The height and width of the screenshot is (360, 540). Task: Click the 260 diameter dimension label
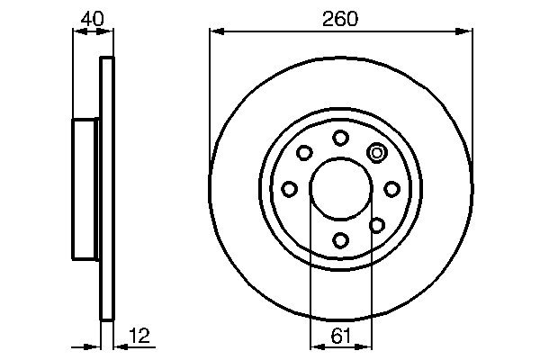(340, 18)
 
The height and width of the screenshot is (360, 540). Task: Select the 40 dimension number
(92, 18)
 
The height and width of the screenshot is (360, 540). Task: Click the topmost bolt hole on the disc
(340, 137)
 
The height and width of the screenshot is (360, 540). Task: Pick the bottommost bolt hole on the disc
(340, 239)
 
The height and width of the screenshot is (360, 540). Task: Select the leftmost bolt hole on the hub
(289, 189)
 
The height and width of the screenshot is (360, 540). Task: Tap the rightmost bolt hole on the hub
(391, 189)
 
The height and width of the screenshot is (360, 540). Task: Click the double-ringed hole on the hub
(377, 152)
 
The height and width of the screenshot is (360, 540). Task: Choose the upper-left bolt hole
(304, 152)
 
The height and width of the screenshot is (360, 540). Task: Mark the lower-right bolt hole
(377, 224)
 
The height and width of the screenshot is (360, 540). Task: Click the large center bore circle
(340, 188)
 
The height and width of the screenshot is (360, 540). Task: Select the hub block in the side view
(85, 188)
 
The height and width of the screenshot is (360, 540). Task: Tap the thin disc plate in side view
(107, 188)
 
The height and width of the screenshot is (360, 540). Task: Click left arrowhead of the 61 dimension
(315, 347)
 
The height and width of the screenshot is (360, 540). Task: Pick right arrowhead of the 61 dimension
(366, 347)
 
